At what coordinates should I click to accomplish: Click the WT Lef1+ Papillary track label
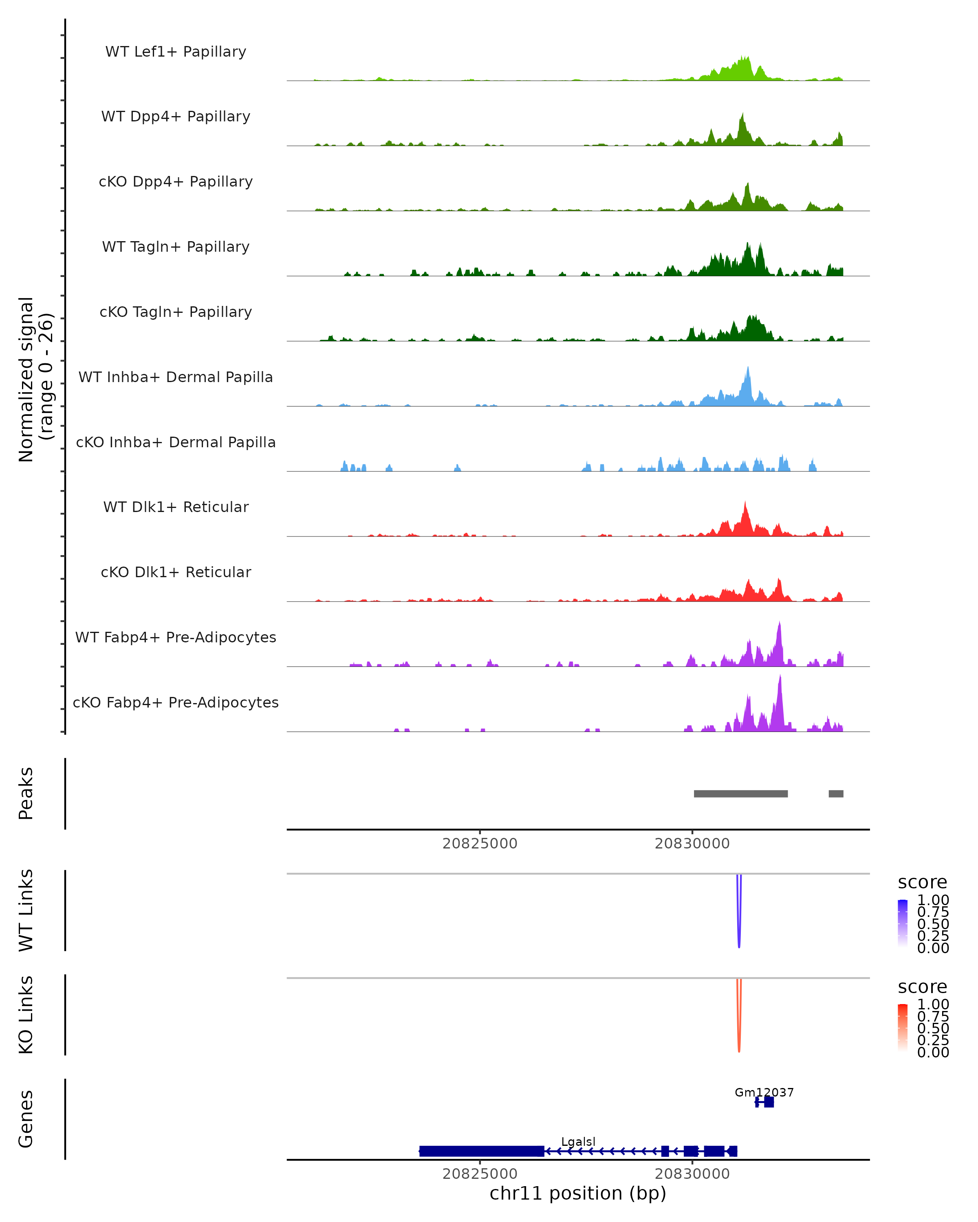pos(176,52)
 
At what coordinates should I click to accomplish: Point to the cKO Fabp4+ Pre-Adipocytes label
pos(176,702)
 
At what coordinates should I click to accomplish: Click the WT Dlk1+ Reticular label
pos(176,507)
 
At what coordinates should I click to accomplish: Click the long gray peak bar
pos(740,793)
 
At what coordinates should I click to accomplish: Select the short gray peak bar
pos(836,793)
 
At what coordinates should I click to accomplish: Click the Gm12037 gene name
pos(764,1092)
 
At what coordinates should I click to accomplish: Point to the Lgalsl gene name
pos(578,1141)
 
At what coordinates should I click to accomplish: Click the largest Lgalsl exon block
pos(481,1151)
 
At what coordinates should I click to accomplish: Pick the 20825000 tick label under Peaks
pos(480,844)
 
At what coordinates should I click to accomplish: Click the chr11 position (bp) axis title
pos(578,1193)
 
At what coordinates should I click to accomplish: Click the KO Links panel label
pos(26,1015)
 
